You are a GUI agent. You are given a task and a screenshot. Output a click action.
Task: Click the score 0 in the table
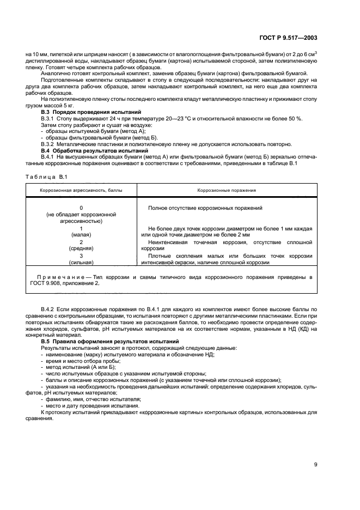coord(81,208)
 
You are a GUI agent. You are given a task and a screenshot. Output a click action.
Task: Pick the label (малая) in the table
coord(81,235)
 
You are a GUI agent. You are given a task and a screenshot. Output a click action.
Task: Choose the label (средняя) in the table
coord(81,248)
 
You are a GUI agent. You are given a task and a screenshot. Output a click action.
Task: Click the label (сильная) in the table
coord(81,262)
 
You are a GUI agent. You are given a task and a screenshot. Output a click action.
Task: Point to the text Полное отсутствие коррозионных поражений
coord(205,208)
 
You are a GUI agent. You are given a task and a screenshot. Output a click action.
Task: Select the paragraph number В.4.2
coord(50,309)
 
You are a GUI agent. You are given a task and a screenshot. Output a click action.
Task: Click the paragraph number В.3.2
coord(50,144)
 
